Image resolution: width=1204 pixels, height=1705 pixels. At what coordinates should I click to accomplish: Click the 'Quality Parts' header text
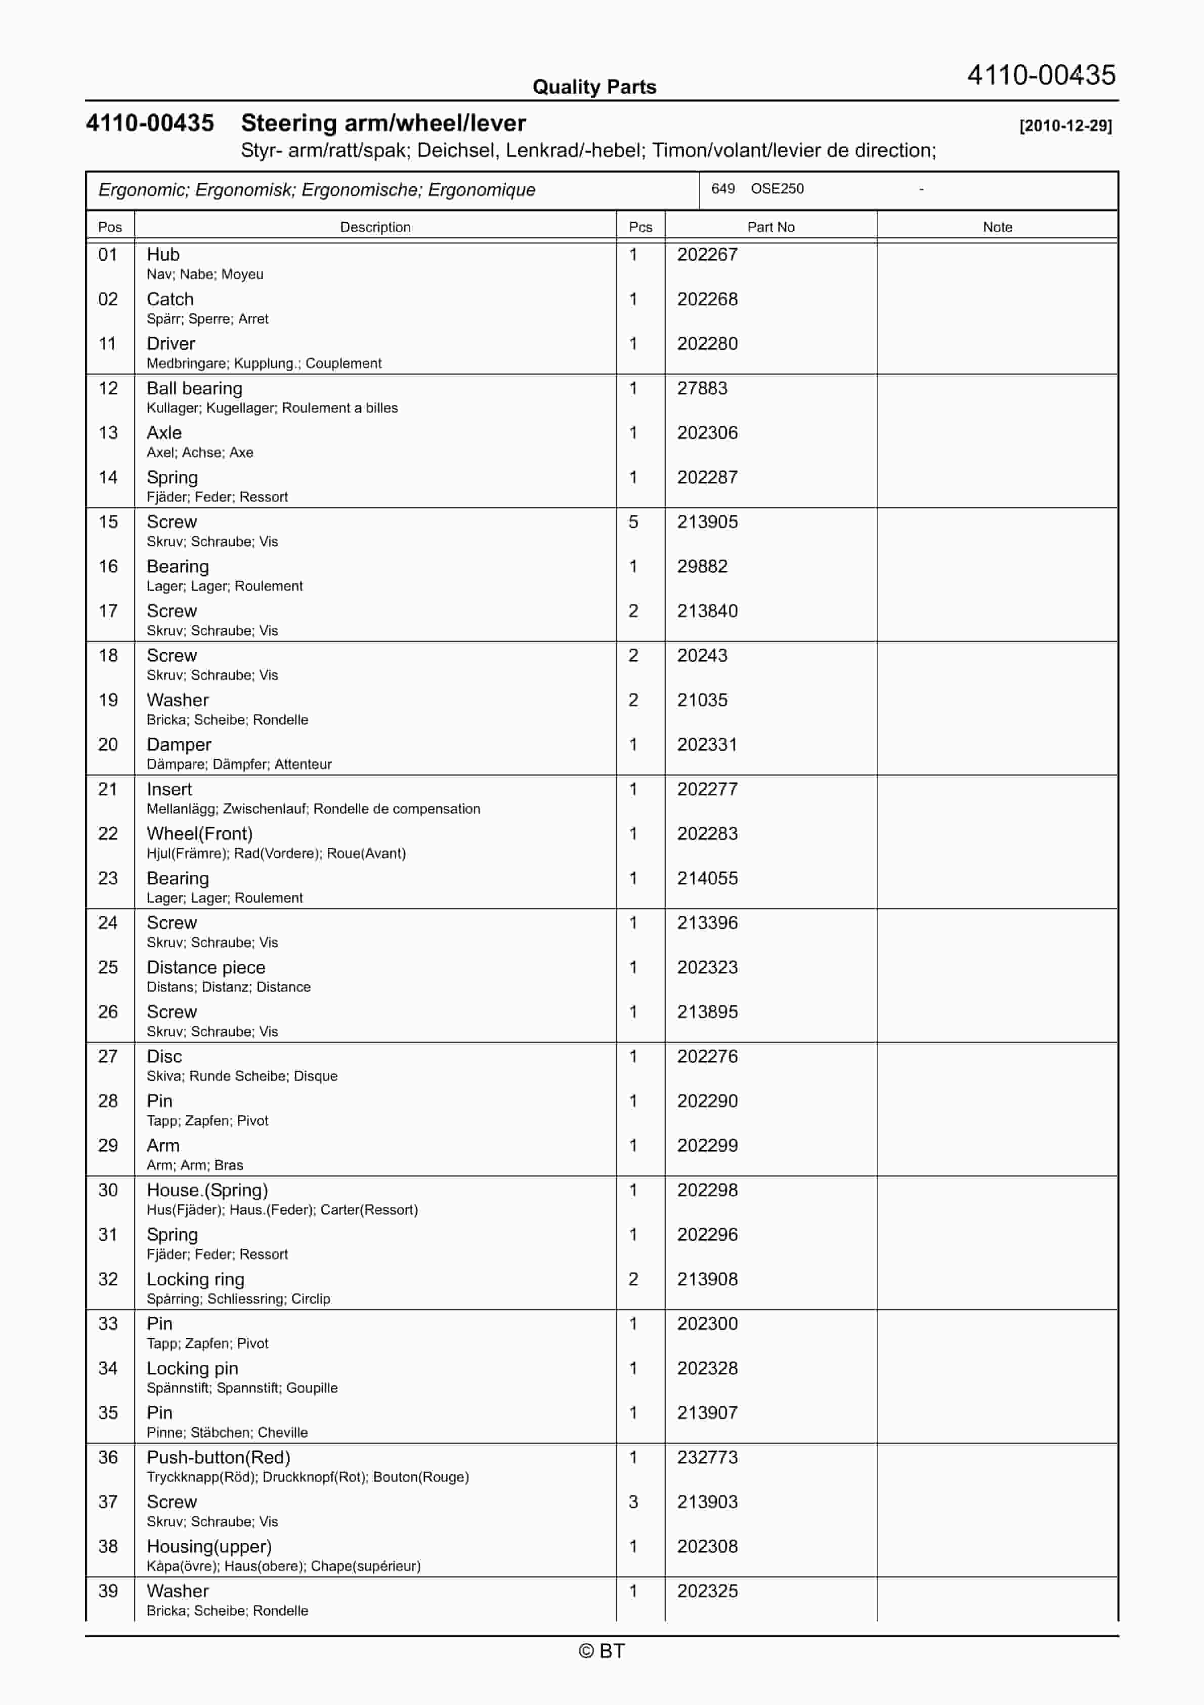pyautogui.click(x=594, y=87)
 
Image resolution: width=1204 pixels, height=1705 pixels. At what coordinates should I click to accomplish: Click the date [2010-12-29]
pyautogui.click(x=1065, y=126)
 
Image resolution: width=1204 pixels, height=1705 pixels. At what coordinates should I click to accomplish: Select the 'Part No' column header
pyautogui.click(x=770, y=227)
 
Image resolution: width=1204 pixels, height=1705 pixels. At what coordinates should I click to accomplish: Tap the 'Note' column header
pyautogui.click(x=997, y=227)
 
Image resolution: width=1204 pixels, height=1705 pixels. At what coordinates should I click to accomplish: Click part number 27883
pyautogui.click(x=702, y=388)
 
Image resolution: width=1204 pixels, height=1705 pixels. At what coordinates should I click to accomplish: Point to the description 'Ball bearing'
pyautogui.click(x=194, y=388)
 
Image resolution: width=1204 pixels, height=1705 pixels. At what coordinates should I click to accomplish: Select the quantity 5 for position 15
pyautogui.click(x=633, y=522)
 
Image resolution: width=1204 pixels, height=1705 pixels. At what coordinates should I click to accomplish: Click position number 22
pyautogui.click(x=108, y=834)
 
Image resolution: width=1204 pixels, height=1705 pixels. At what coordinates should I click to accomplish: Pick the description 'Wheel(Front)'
pyautogui.click(x=200, y=834)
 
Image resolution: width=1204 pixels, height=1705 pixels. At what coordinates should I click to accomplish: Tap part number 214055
pyautogui.click(x=707, y=878)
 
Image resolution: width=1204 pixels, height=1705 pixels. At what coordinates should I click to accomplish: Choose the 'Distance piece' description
pyautogui.click(x=205, y=967)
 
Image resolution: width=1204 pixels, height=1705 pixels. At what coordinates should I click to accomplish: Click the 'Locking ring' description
pyautogui.click(x=195, y=1279)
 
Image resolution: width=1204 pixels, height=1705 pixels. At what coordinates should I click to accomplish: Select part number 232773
pyautogui.click(x=707, y=1458)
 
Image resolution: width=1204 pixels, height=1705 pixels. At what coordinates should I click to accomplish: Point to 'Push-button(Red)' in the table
pyautogui.click(x=218, y=1458)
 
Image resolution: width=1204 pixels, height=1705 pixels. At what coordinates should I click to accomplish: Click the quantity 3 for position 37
pyautogui.click(x=633, y=1503)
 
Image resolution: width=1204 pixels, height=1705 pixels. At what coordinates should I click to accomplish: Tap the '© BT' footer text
pyautogui.click(x=601, y=1651)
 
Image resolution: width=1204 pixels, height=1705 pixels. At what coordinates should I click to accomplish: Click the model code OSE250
pyautogui.click(x=777, y=189)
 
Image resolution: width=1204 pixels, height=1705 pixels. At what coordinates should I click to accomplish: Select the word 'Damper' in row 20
pyautogui.click(x=179, y=745)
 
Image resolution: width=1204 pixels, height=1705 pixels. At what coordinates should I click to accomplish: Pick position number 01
pyautogui.click(x=108, y=255)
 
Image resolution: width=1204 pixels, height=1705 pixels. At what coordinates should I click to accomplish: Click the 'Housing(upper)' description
pyautogui.click(x=209, y=1547)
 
